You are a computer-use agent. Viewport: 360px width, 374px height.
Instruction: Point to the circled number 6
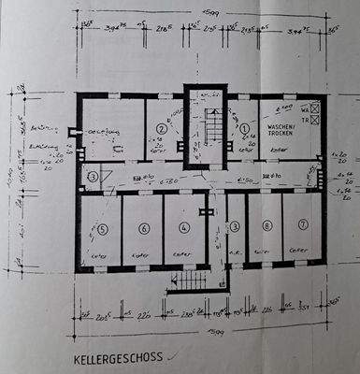143,227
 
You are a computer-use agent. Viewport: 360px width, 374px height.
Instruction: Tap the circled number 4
184,227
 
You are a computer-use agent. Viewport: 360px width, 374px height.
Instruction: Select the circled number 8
266,225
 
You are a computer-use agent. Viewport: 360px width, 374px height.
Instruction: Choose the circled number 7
301,225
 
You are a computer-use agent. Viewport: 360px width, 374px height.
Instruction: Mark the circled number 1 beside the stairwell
245,128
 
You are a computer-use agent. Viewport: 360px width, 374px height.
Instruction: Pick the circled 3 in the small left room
93,177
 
